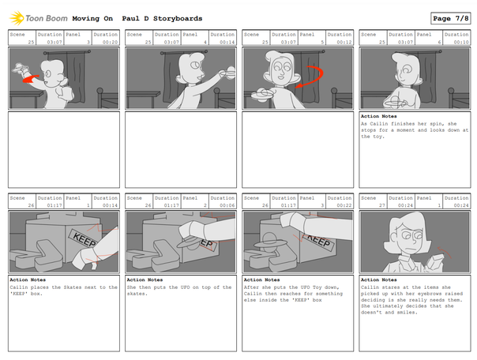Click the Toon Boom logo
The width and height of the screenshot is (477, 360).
point(36,18)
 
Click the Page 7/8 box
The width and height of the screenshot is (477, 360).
point(449,18)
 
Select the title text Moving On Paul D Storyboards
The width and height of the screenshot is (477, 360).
point(137,18)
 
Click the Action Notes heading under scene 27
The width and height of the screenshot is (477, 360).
point(377,279)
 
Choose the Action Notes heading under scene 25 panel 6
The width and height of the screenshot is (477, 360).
point(377,116)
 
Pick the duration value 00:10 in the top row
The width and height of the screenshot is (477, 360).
point(460,43)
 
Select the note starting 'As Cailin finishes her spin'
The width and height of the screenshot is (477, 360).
point(414,129)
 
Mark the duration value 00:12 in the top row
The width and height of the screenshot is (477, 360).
point(344,43)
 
